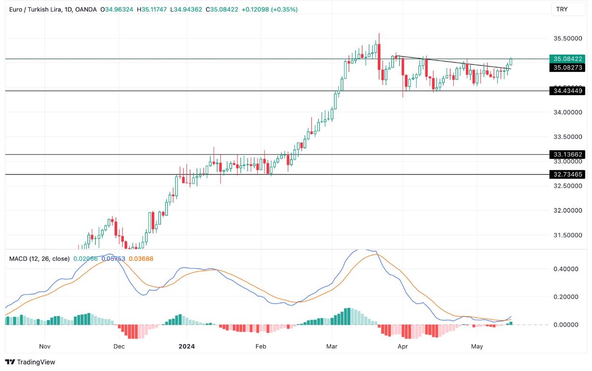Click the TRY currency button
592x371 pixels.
point(562,9)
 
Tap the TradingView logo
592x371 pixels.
point(30,362)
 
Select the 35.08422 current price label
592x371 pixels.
point(567,59)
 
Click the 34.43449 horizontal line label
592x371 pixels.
point(567,90)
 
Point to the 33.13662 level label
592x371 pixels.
point(567,155)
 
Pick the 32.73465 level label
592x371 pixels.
point(567,174)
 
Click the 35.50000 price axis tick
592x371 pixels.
point(567,38)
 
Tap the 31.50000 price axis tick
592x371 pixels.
point(567,235)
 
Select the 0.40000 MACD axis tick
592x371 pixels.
point(566,269)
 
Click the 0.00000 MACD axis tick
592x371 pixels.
point(566,325)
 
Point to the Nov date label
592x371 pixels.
point(44,346)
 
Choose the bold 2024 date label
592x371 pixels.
point(187,346)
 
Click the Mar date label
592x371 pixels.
point(332,346)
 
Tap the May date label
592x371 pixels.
point(477,346)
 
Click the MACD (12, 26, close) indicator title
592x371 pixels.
point(39,259)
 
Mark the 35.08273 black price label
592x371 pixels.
point(567,68)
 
